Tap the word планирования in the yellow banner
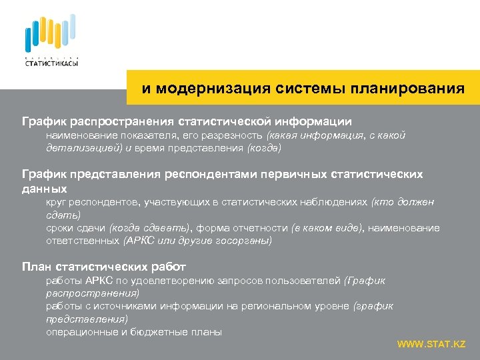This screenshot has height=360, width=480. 409,89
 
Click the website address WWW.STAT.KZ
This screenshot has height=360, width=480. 431,344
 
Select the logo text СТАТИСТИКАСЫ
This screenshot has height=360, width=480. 51,63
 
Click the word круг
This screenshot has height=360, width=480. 56,202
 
